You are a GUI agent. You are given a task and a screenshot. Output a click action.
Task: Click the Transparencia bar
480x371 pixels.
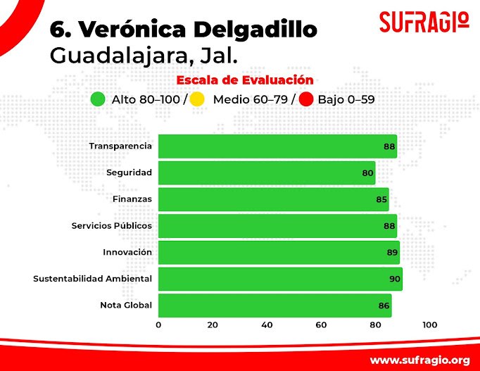tap(277, 146)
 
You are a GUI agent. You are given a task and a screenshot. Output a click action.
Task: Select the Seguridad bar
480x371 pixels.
tap(266, 173)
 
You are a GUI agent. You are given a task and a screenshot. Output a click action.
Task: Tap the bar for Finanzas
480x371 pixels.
tap(273, 199)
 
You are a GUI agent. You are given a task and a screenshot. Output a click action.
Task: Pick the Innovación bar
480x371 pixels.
tap(279, 253)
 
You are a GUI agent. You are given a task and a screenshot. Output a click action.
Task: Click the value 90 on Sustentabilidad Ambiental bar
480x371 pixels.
tap(395, 279)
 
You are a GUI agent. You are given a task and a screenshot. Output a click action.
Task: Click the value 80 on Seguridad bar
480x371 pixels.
tap(368, 173)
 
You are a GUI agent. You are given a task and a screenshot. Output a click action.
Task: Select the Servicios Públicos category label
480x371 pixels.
tap(111, 226)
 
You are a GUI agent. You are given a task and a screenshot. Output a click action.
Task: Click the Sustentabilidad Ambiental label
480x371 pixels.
tap(92, 279)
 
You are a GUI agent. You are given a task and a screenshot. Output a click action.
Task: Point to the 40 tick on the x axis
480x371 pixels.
tap(267, 325)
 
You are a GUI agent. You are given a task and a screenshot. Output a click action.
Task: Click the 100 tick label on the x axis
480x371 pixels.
tap(429, 325)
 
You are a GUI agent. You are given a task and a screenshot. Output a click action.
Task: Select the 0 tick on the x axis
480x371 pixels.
tap(158, 325)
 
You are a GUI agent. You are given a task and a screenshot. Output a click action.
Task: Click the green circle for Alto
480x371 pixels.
tap(99, 99)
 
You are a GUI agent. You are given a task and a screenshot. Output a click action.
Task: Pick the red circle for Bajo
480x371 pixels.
tap(306, 99)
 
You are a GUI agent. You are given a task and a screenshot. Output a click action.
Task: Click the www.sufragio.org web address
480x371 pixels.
tap(419, 360)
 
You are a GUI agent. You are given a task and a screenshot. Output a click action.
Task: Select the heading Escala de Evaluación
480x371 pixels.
tap(245, 80)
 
